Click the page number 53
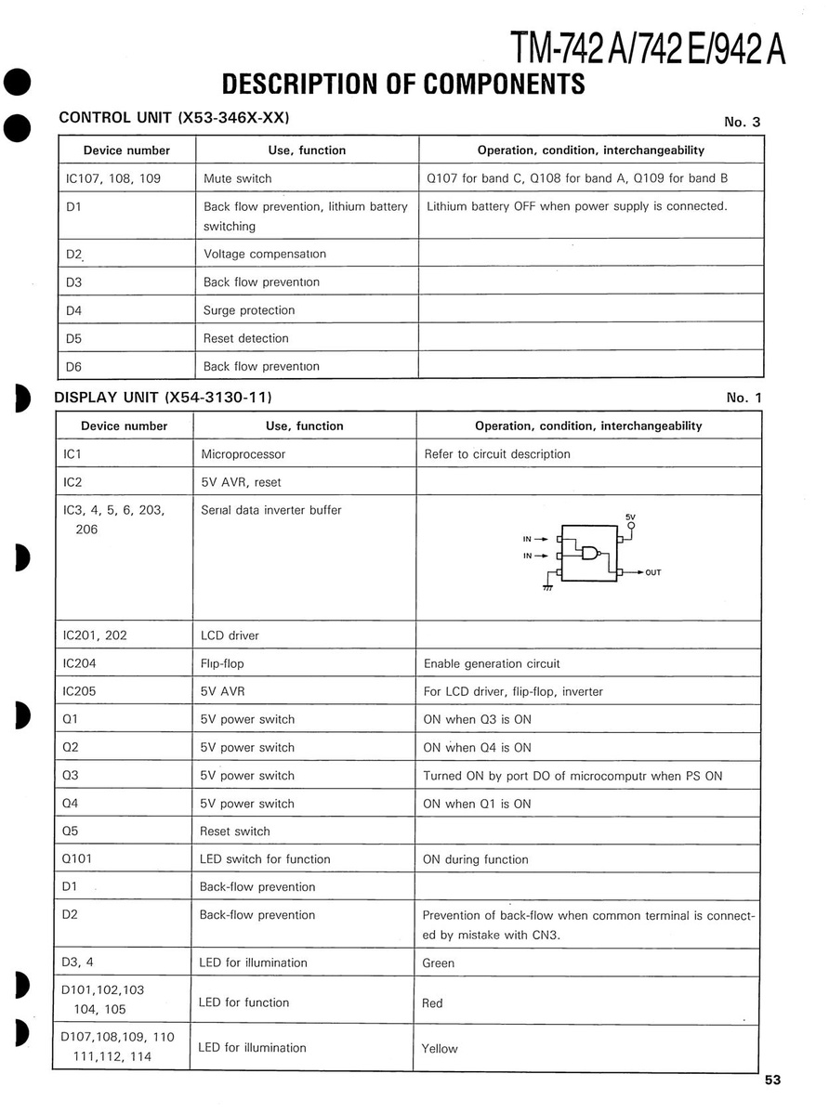(x=773, y=1080)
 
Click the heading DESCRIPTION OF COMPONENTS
(x=404, y=84)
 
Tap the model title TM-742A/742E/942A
(x=648, y=46)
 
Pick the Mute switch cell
(x=238, y=178)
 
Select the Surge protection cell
(x=249, y=310)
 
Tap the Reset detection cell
(x=246, y=338)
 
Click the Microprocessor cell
(x=243, y=454)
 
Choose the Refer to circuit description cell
(x=497, y=454)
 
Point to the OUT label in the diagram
(x=653, y=572)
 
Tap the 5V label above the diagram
(x=631, y=516)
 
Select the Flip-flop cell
(x=222, y=663)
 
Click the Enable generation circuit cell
(x=492, y=663)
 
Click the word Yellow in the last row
(x=440, y=1049)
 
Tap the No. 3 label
(x=743, y=122)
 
